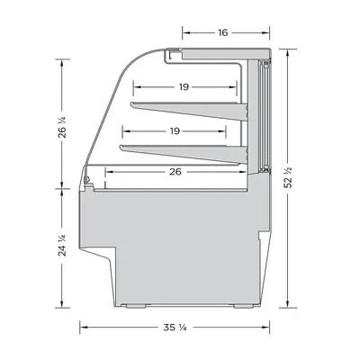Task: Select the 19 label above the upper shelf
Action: pyautogui.click(x=183, y=87)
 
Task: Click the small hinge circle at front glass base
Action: pyautogui.click(x=87, y=185)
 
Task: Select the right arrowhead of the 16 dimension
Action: pyautogui.click(x=268, y=32)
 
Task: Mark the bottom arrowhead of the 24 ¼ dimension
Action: pyautogui.click(x=63, y=304)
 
